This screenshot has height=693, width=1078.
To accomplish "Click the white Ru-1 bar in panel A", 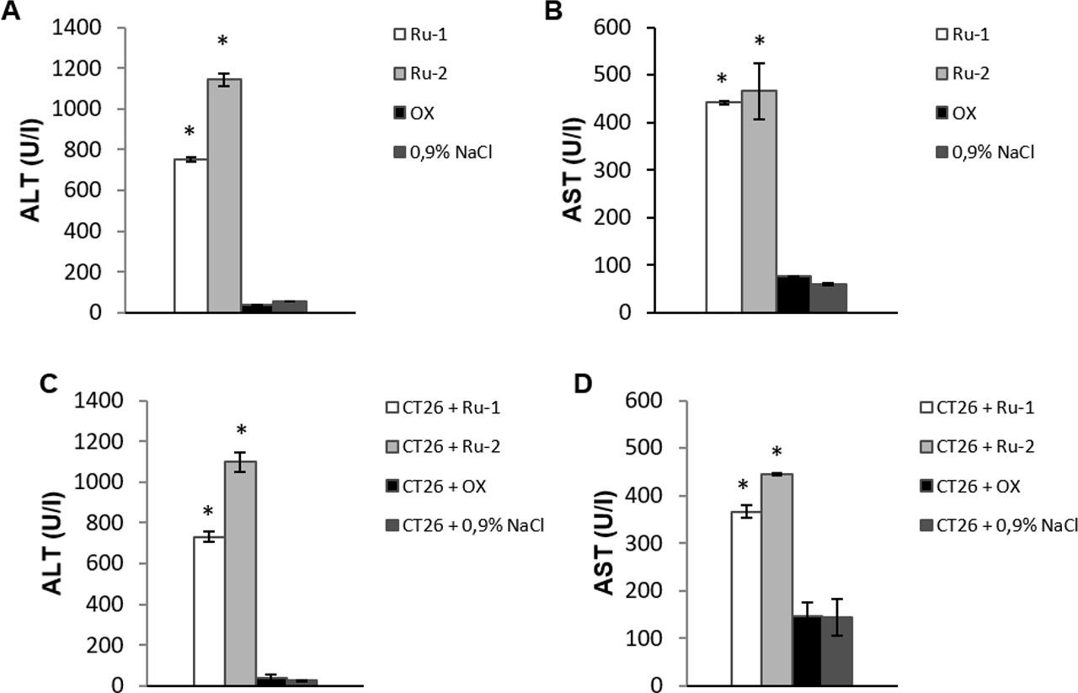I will coord(190,236).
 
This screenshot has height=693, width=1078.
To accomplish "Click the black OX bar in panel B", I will coord(792,295).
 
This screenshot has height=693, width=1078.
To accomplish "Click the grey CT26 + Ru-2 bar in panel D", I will coord(776,580).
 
